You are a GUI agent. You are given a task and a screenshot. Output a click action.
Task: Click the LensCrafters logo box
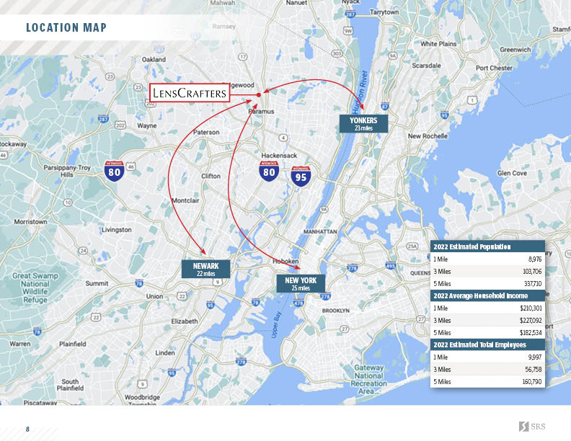coord(190,93)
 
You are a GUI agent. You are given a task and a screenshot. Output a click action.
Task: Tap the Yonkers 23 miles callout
coord(363,123)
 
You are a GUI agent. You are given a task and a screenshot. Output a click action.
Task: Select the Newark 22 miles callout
coord(205,269)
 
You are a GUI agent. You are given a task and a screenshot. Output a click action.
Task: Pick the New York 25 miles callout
coord(301,283)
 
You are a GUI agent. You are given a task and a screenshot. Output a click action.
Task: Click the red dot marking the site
coord(258,94)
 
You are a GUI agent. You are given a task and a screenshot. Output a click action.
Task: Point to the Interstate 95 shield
coord(301,177)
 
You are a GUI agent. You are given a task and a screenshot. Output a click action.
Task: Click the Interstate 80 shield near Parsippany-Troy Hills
coord(113,171)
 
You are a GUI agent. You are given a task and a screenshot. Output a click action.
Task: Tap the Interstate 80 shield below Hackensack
coord(270,172)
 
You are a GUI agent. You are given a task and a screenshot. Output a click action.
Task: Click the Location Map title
coord(66,28)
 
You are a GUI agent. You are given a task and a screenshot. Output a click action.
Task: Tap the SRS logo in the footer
coord(532,427)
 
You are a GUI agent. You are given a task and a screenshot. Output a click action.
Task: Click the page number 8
coord(27,429)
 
